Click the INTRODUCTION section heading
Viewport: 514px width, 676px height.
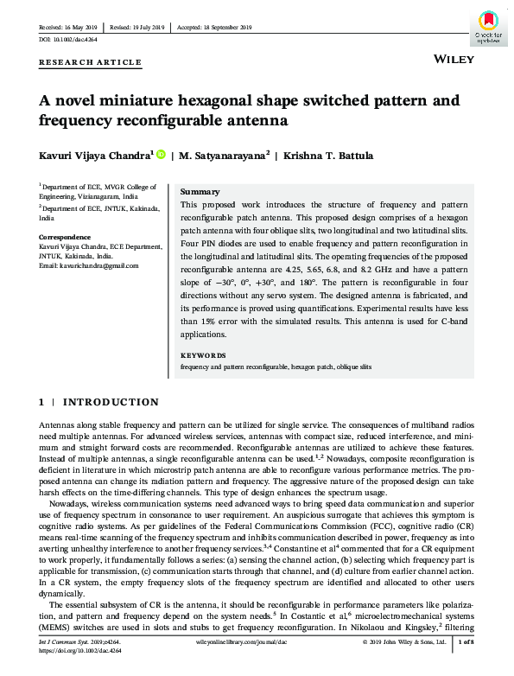click(x=111, y=402)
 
